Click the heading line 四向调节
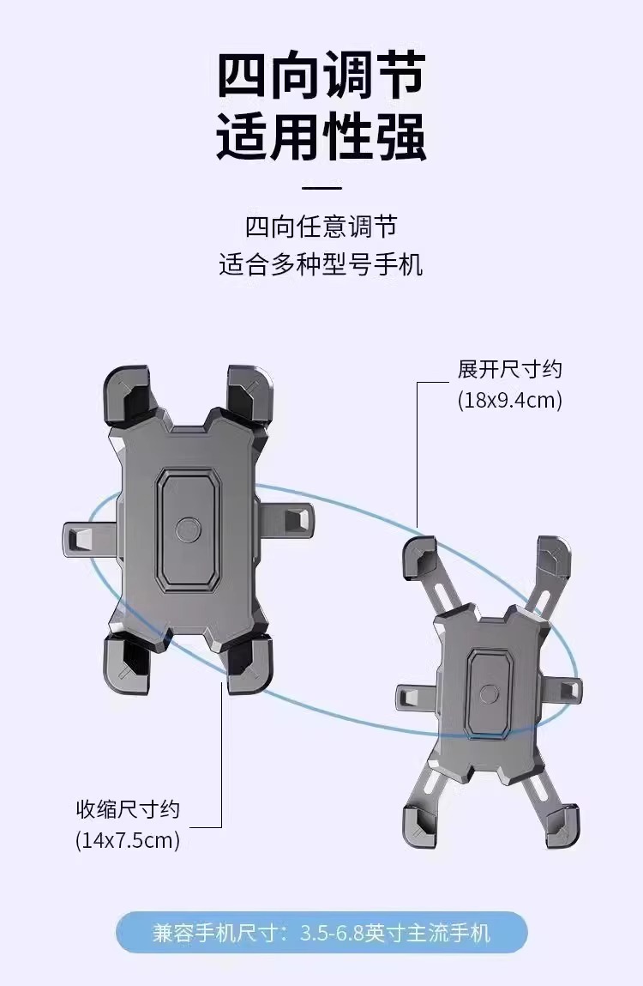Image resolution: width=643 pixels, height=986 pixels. point(321,76)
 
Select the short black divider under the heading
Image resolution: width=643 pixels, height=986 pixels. point(321,187)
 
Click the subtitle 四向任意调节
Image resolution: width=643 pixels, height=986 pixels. point(321,227)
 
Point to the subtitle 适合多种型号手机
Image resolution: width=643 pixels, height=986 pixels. point(321,263)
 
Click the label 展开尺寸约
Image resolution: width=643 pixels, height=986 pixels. point(509,370)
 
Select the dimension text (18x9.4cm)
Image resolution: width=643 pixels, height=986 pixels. point(509,401)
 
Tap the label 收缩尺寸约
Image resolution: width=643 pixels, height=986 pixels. point(128,809)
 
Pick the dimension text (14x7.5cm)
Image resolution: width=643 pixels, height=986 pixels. point(128,840)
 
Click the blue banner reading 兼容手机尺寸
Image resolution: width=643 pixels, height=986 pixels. point(321,933)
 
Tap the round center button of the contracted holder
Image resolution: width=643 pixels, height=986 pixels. point(188,528)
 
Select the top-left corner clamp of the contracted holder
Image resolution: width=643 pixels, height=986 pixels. point(128,395)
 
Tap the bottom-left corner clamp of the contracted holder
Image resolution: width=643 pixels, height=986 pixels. point(128,664)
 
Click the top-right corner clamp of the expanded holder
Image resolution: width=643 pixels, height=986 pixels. point(553,561)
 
